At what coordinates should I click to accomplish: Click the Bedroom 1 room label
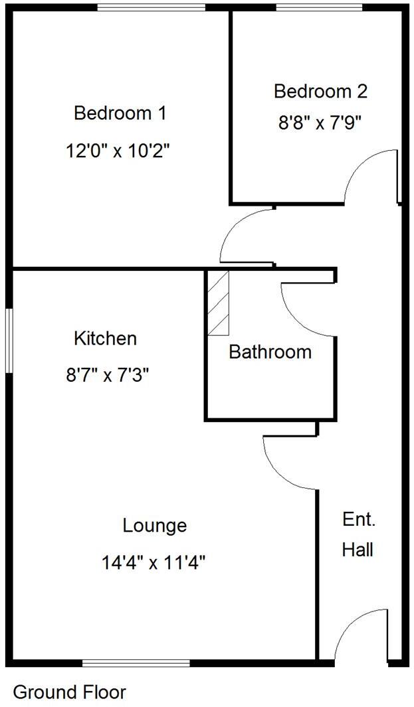click(120, 113)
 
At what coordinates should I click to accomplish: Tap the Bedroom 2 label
click(320, 91)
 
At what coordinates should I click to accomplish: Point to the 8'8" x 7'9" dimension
click(320, 123)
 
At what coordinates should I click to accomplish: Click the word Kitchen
click(105, 339)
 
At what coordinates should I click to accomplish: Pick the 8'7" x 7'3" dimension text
click(106, 376)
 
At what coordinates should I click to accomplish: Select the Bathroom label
click(270, 352)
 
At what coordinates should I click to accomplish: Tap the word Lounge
click(155, 526)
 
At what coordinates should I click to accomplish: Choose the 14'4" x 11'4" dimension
click(154, 564)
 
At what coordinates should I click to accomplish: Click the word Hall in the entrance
click(358, 550)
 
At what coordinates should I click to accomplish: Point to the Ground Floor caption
click(69, 692)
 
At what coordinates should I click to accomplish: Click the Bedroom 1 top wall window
click(152, 7)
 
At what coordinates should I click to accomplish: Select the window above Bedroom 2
click(319, 7)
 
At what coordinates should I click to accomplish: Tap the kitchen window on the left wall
click(9, 341)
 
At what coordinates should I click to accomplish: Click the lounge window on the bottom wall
click(136, 662)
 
